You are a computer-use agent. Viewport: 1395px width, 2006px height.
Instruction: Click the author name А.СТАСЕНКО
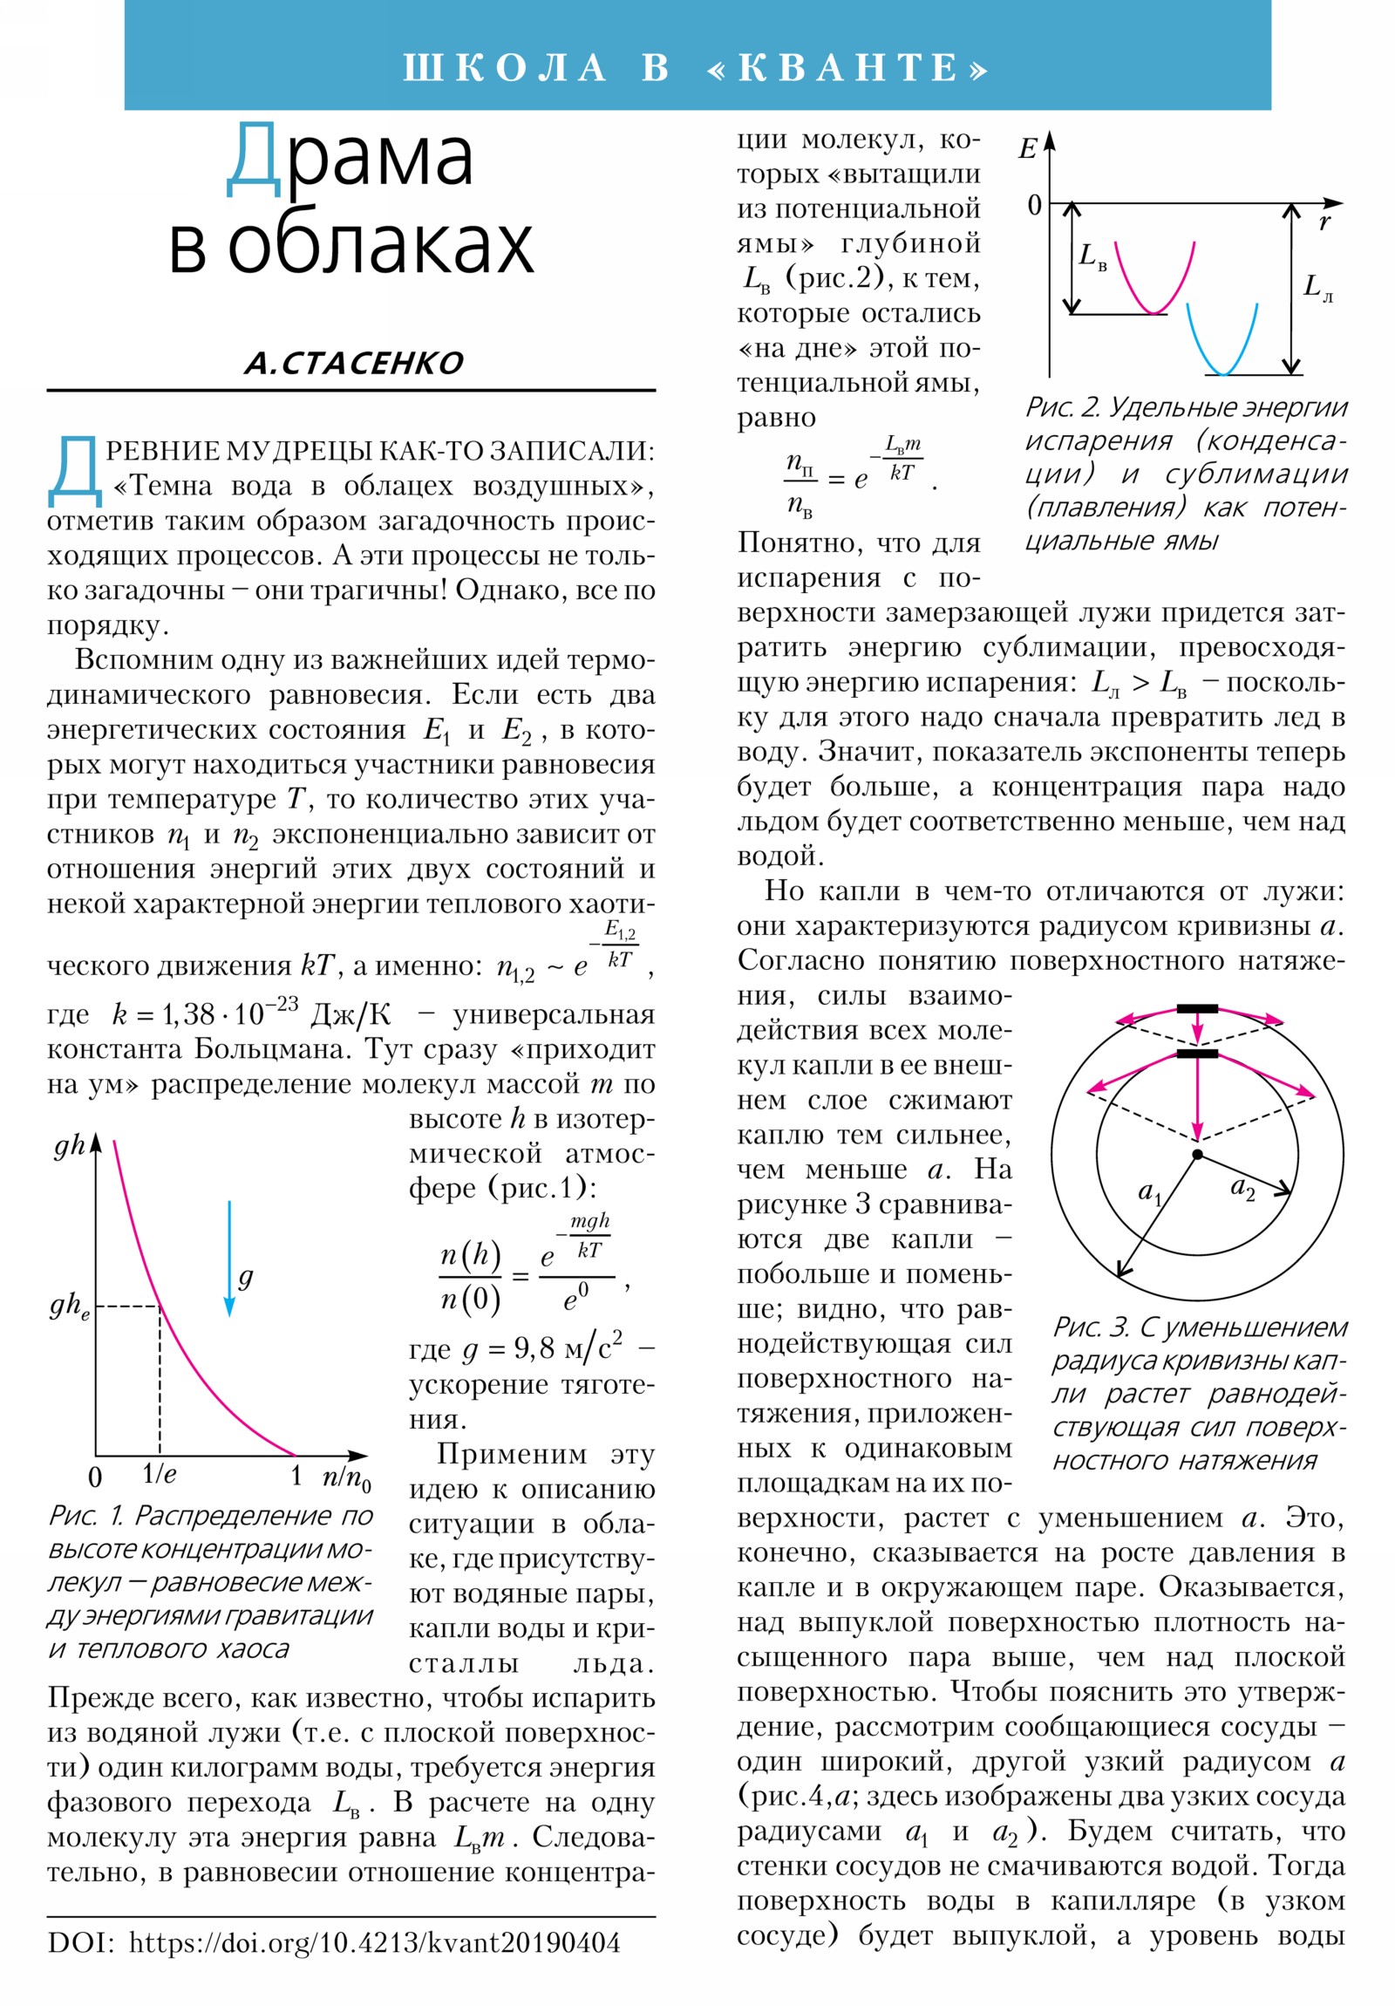coord(354,363)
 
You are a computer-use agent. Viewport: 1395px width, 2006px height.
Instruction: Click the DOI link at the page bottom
coord(374,1942)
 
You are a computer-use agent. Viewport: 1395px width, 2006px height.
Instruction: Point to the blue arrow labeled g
coord(229,1259)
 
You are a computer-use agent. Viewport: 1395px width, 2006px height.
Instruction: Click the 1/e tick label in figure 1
coord(159,1475)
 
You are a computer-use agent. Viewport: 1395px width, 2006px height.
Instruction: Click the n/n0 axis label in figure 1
coord(346,1477)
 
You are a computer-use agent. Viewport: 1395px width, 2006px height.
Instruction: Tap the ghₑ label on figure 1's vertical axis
coord(69,1306)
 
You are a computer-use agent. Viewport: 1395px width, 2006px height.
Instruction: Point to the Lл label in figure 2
coord(1317,287)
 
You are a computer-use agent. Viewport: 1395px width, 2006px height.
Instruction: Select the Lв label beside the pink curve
coord(1092,257)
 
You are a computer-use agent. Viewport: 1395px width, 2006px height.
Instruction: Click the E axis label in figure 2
coord(1027,149)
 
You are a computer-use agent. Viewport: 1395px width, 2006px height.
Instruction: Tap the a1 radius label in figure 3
coord(1149,1192)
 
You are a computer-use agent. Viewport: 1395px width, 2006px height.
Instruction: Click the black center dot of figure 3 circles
coord(1198,1154)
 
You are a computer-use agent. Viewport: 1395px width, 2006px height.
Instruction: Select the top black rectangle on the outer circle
coord(1197,1009)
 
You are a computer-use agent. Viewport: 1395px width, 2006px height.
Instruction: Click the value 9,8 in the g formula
coord(534,1349)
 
